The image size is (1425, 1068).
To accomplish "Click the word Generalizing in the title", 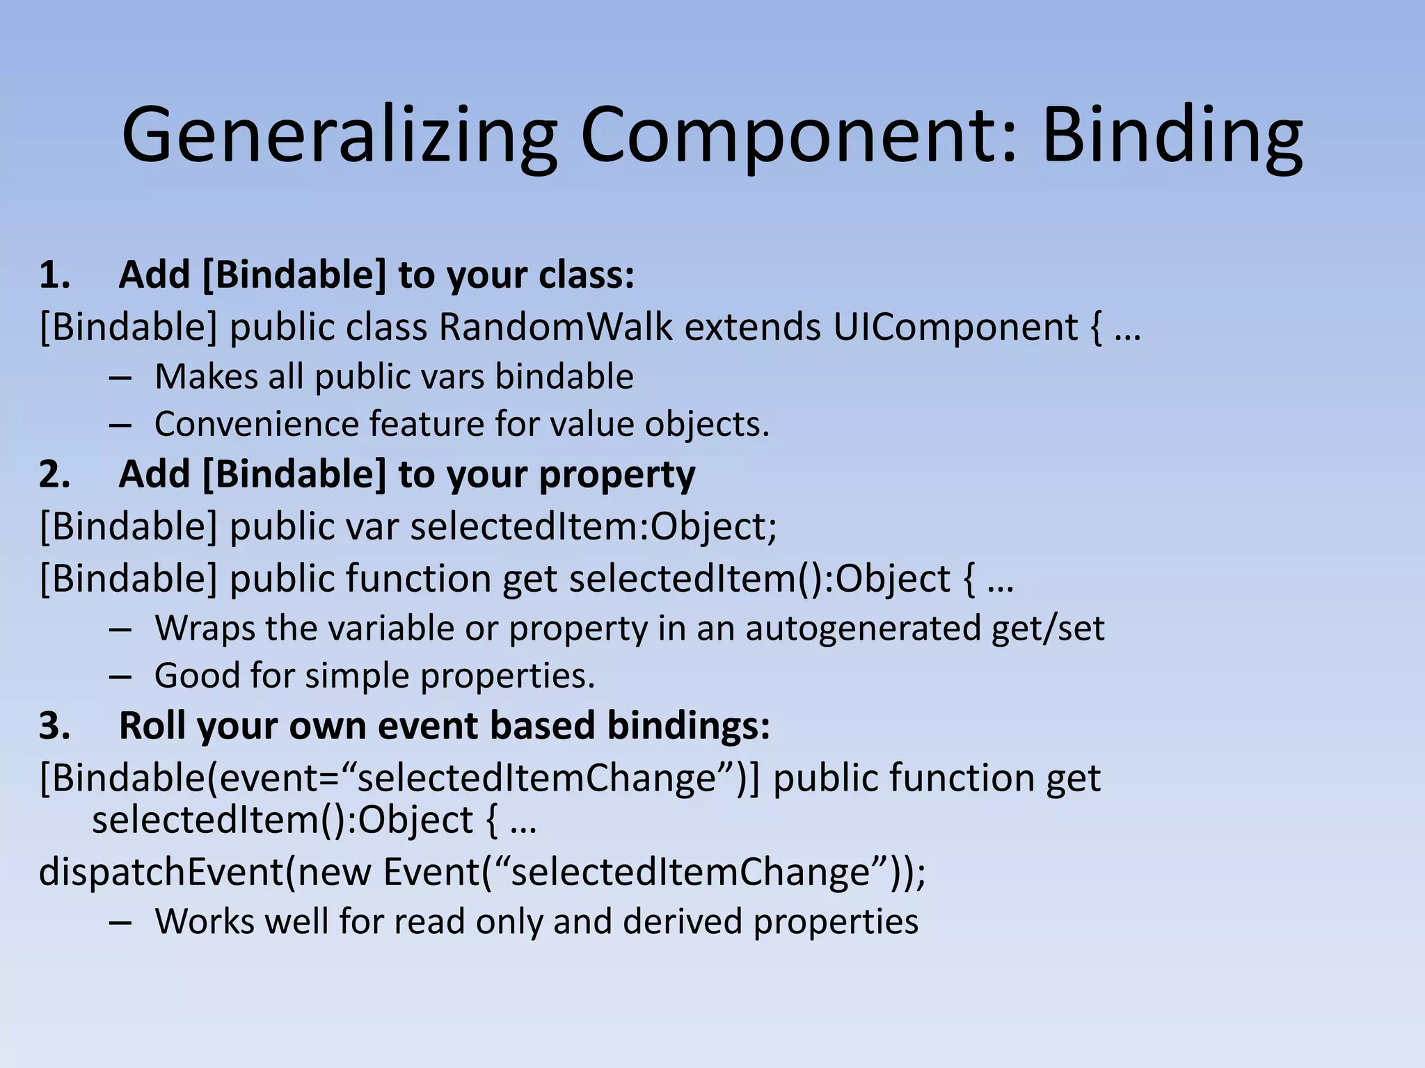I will point(339,135).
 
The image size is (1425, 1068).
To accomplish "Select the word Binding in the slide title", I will point(1172,135).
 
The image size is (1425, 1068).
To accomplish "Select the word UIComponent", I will point(955,327).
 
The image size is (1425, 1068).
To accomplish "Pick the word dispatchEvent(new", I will point(205,872).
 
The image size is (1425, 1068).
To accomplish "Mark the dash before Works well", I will point(120,922).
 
